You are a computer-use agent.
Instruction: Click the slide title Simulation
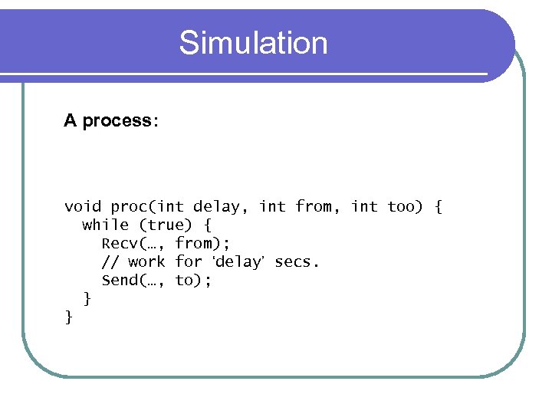[x=253, y=43]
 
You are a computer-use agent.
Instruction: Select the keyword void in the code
[x=83, y=206]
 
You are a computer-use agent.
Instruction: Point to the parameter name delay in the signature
[x=215, y=206]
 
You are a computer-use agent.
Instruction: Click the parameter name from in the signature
[x=313, y=206]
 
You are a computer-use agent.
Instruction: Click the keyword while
[x=105, y=225]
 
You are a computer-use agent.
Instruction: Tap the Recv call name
[x=119, y=243]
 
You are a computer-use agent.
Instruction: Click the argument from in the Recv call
[x=193, y=243]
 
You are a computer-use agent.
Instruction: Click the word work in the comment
[x=146, y=261]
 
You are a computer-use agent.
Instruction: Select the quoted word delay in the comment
[x=238, y=261]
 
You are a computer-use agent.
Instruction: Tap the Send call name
[x=119, y=280]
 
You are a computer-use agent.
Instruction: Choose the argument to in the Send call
[x=184, y=280]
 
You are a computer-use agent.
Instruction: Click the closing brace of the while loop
[x=87, y=298]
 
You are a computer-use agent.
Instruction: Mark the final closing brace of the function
[x=69, y=316]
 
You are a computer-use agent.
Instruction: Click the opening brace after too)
[x=438, y=206]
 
